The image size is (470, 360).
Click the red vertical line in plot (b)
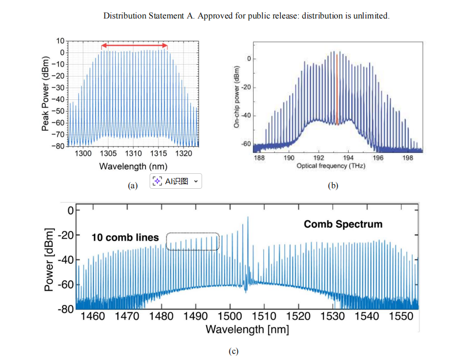coord(337,90)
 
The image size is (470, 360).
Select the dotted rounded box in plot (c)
coord(193,241)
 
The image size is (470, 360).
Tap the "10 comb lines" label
coord(125,238)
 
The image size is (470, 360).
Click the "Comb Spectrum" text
coord(343,224)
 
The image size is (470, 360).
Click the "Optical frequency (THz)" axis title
coord(331,167)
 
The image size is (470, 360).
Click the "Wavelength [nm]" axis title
coord(247,329)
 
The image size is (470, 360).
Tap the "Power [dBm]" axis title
coord(49,259)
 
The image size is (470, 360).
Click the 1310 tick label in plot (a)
coord(133,154)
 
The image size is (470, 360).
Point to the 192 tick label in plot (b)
coord(318,158)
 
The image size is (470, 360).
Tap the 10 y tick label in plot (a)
coord(60,41)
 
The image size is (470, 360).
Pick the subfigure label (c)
coord(233,351)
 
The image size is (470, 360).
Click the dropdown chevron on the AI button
coord(195,181)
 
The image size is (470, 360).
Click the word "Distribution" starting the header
coord(123,16)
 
